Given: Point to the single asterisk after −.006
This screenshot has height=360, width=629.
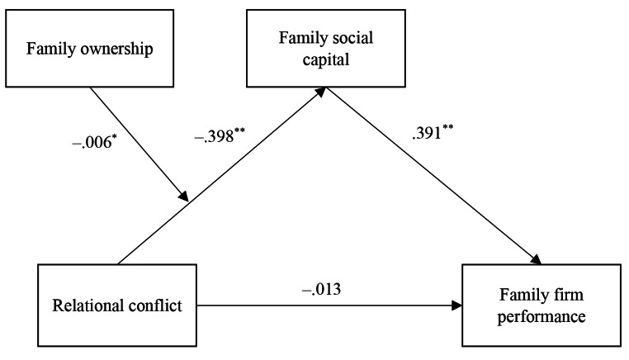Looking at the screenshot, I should point(111,135).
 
